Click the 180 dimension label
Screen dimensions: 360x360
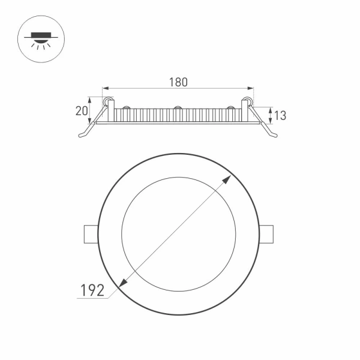(x=178, y=82)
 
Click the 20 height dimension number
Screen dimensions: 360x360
(x=82, y=111)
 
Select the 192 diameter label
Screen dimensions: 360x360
(x=93, y=290)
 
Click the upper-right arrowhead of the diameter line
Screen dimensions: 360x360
(x=229, y=179)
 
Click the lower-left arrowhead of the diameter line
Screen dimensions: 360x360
(x=124, y=284)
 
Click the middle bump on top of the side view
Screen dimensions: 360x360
(x=178, y=108)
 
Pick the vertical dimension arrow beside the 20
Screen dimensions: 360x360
(x=91, y=111)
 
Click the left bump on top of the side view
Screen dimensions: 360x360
(x=127, y=108)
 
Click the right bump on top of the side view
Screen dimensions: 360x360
(x=230, y=108)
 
